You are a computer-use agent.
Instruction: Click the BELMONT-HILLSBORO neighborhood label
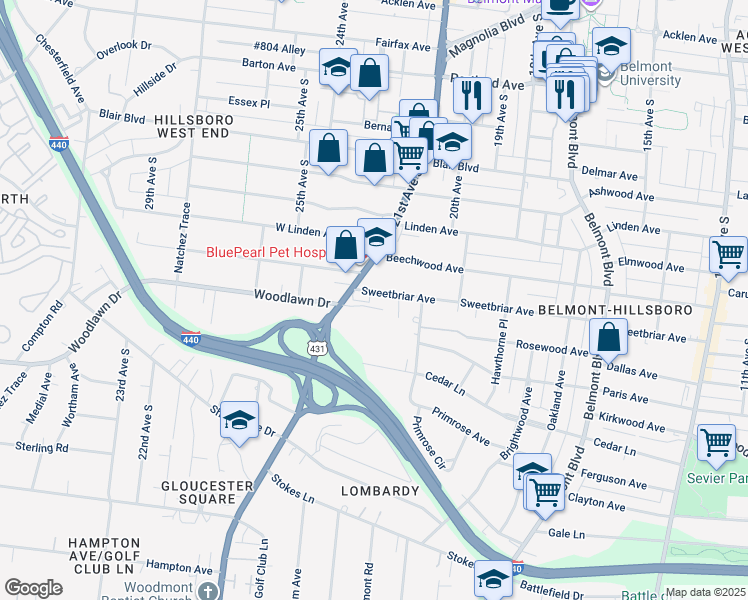pos(614,311)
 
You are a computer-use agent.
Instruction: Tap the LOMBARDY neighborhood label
pos(379,491)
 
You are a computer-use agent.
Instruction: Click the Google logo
pos(33,588)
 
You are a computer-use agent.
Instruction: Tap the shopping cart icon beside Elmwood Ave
pos(727,252)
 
